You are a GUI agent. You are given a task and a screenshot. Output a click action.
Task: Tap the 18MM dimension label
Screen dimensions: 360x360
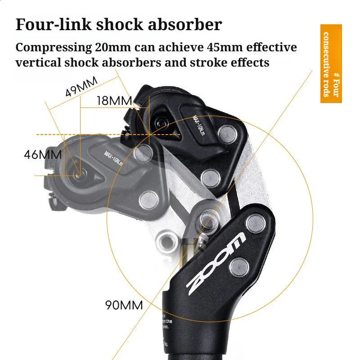(x=114, y=101)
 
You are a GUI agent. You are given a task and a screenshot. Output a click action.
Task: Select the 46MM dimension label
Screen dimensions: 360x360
(x=42, y=155)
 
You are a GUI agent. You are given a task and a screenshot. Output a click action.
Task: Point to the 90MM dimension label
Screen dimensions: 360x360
(x=124, y=305)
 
